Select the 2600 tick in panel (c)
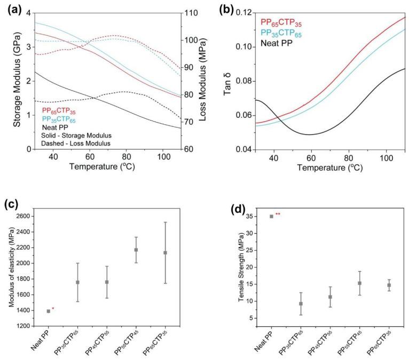click(x=23, y=216)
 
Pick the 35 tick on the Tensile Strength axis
click(x=244, y=216)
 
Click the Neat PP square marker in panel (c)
click(x=49, y=311)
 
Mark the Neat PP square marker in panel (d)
click(x=271, y=216)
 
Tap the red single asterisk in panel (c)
click(x=53, y=309)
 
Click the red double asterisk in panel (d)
click(x=278, y=214)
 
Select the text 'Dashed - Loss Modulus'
click(x=76, y=143)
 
